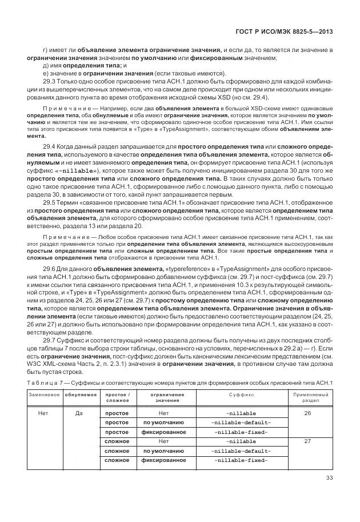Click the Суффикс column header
[x=241, y=396]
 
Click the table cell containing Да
[x=79, y=412]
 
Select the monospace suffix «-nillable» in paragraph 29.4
[x=65, y=170]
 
